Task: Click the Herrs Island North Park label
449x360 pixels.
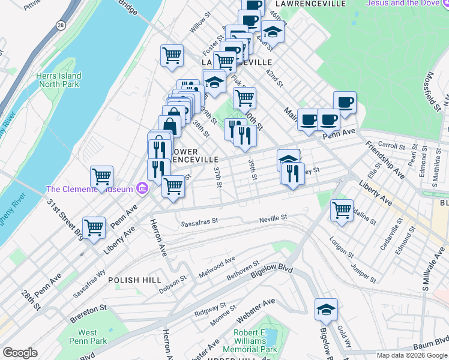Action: [x=58, y=80]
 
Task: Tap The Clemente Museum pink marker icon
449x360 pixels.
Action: [x=142, y=189]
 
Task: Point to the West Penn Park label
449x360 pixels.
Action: [x=88, y=337]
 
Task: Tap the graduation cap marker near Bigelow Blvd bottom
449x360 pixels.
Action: [x=327, y=310]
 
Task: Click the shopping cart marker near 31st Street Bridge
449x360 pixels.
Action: [x=94, y=228]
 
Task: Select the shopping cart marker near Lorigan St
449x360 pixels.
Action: [x=342, y=211]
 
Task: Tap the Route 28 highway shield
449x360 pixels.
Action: [x=62, y=25]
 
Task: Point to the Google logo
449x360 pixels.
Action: [x=20, y=353]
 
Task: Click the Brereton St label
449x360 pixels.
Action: [x=88, y=307]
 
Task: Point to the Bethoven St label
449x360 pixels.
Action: [x=243, y=271]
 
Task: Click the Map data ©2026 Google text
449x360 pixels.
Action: [x=411, y=355]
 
